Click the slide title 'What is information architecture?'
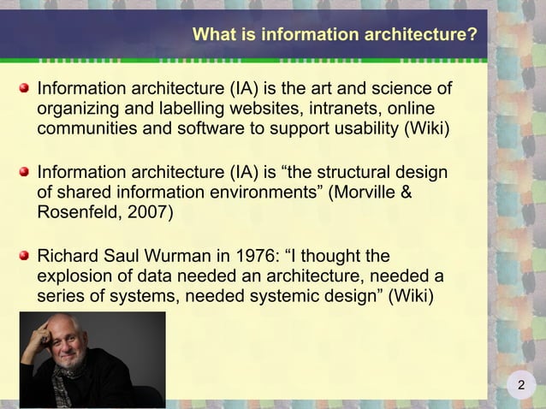point(335,35)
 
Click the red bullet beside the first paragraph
point(27,88)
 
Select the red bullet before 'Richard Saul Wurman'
point(27,255)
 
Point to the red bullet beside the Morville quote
point(27,171)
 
